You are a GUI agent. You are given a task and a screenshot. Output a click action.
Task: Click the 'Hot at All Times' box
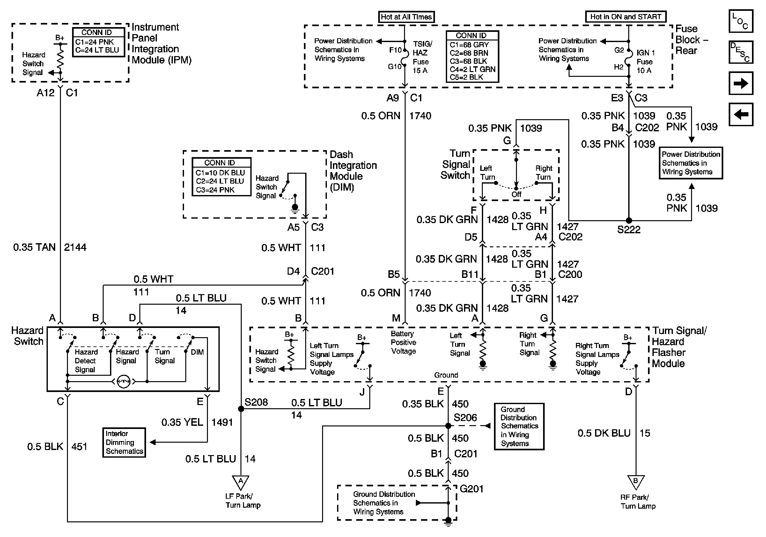[x=406, y=17]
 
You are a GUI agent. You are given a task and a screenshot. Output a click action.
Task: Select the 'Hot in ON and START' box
[x=626, y=17]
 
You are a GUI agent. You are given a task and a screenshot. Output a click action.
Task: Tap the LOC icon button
[x=740, y=21]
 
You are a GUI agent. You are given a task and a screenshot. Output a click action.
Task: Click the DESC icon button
[x=740, y=52]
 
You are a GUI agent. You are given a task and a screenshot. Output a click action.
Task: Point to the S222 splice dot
[x=629, y=220]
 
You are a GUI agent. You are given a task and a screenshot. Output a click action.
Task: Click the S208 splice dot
[x=241, y=409]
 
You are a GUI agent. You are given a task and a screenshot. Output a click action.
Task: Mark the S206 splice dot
[x=448, y=426]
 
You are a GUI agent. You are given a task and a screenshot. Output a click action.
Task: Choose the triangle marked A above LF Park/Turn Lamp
[x=240, y=482]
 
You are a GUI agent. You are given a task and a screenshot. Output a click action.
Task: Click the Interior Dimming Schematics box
[x=124, y=442]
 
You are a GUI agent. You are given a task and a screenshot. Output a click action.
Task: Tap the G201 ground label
[x=471, y=489]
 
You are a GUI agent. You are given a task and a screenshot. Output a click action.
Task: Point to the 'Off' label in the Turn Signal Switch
[x=516, y=194]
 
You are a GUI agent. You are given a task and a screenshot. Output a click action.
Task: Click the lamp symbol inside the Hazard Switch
[x=124, y=381]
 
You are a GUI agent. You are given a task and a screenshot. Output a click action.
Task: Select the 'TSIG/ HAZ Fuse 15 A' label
[x=422, y=57]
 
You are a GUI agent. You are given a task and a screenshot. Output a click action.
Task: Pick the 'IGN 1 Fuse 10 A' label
[x=645, y=62]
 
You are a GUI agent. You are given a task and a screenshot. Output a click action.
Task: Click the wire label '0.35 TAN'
[x=34, y=247]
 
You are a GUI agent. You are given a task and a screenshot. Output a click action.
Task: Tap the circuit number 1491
[x=222, y=422]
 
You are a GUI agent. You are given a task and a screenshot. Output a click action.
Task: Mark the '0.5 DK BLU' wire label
[x=604, y=433]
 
